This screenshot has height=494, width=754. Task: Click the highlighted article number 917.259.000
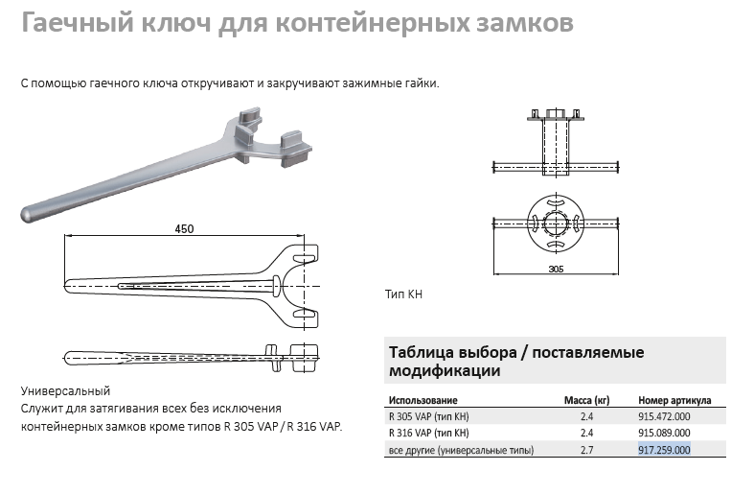[x=664, y=450]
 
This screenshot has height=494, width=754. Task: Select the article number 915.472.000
[x=664, y=416]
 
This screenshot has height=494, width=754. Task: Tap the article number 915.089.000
[x=664, y=433]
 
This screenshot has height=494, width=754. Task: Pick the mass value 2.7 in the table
[x=586, y=450]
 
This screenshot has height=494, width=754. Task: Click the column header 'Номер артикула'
[x=674, y=400]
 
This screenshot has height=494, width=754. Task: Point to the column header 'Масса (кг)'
[x=586, y=400]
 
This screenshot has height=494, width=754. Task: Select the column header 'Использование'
[x=423, y=400]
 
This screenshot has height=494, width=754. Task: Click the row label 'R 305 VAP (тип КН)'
[x=429, y=416]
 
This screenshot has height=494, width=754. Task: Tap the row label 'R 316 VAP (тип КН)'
[x=429, y=433]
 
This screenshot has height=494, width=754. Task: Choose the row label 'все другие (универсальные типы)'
[x=461, y=450]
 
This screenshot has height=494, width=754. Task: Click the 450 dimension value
[x=184, y=228]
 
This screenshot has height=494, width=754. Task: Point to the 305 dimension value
[x=556, y=269]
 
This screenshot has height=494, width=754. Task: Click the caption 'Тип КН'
[x=403, y=294]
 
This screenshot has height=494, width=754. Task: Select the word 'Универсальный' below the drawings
[x=65, y=391]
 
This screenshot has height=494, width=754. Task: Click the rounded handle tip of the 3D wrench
[x=28, y=214]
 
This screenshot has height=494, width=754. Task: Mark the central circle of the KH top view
[x=556, y=223]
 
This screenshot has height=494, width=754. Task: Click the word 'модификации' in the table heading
[x=445, y=371]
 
